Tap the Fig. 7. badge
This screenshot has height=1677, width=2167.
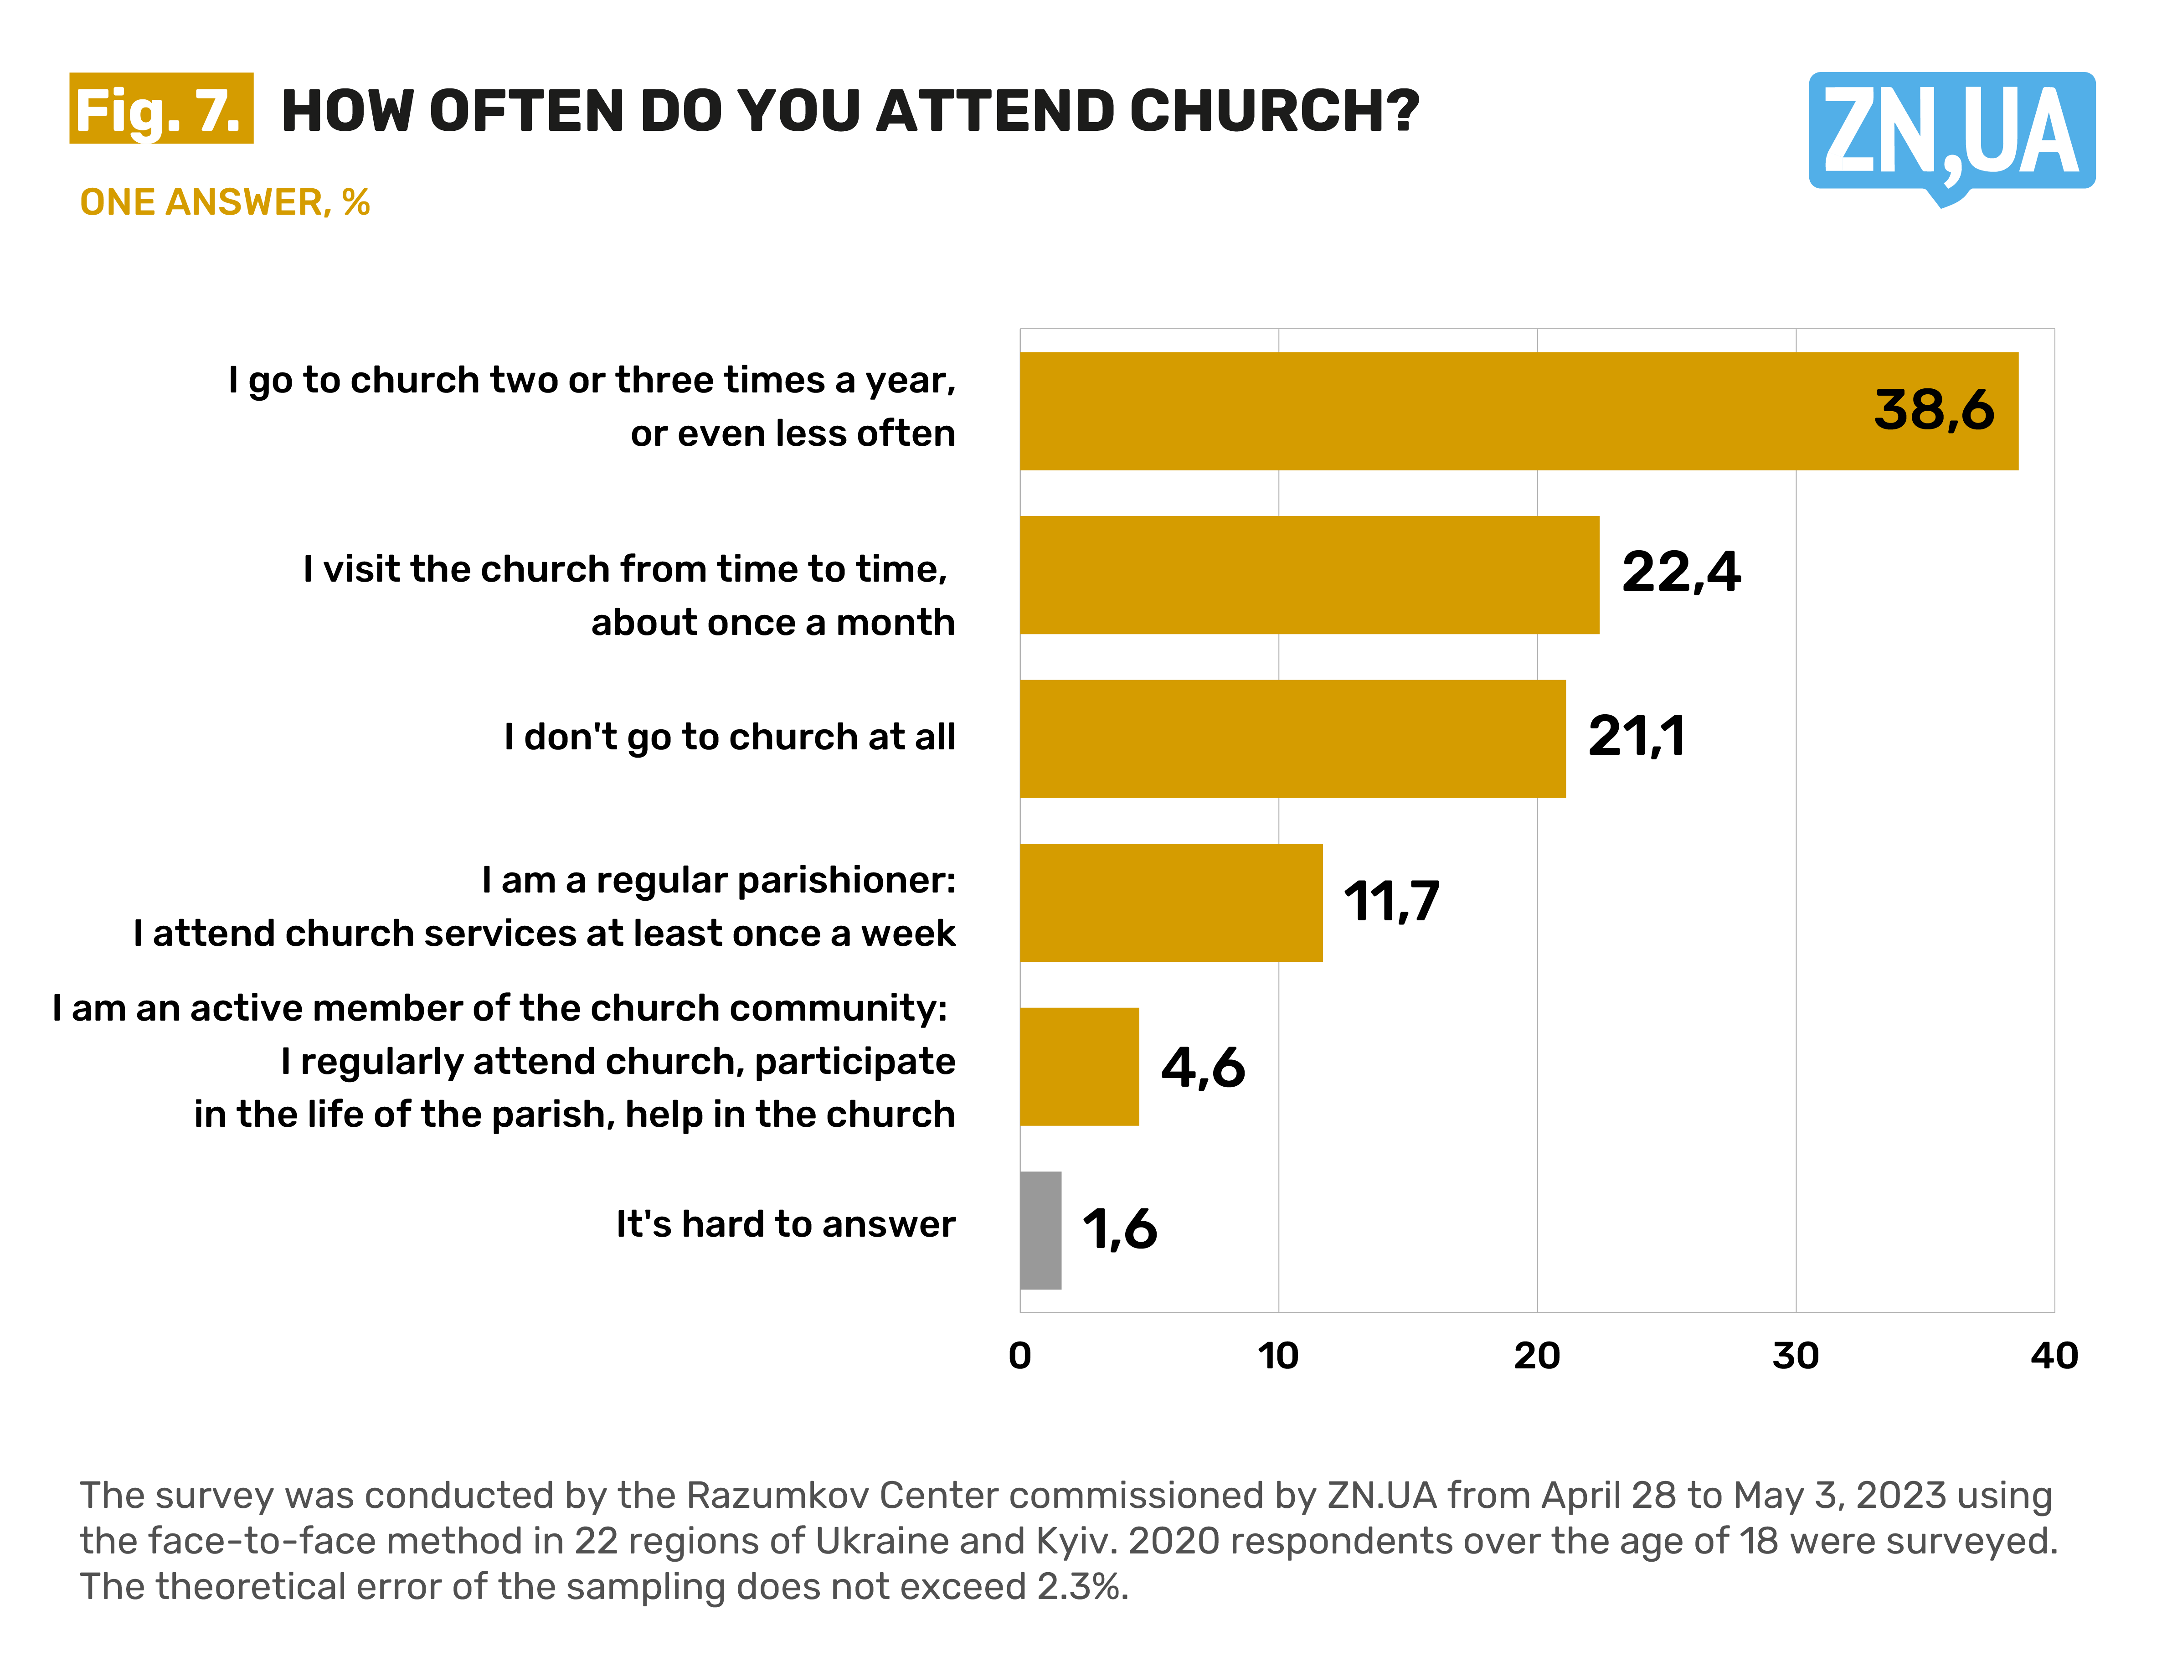pyautogui.click(x=161, y=109)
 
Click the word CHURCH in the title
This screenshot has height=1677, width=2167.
pyautogui.click(x=1274, y=111)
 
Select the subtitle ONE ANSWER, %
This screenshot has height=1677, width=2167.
pyautogui.click(x=224, y=202)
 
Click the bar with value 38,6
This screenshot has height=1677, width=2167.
pyautogui.click(x=1518, y=411)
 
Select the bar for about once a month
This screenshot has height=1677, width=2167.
pyautogui.click(x=1309, y=574)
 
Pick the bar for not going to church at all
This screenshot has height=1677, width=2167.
pyautogui.click(x=1292, y=738)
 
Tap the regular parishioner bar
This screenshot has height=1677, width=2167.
pyautogui.click(x=1171, y=902)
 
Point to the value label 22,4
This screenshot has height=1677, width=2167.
pyautogui.click(x=1681, y=573)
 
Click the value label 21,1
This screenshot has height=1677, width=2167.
pyautogui.click(x=1636, y=736)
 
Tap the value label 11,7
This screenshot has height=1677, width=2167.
pyautogui.click(x=1391, y=901)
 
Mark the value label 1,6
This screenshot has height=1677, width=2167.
pyautogui.click(x=1119, y=1229)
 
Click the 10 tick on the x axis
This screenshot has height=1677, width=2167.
pyautogui.click(x=1278, y=1356)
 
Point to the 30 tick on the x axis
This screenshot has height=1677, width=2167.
pyautogui.click(x=1795, y=1356)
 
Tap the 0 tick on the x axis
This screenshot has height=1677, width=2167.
pyautogui.click(x=1020, y=1356)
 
